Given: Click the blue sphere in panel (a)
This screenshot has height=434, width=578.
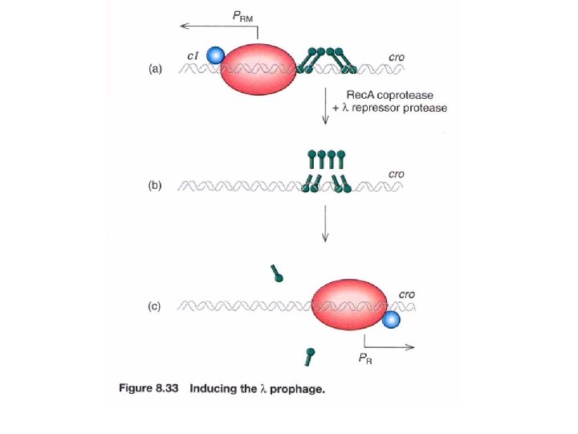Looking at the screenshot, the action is [215, 55].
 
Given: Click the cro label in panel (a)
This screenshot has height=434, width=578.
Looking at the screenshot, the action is [396, 58].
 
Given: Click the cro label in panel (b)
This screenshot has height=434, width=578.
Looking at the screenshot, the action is [396, 174].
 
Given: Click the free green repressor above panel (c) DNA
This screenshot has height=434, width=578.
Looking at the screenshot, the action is [277, 273].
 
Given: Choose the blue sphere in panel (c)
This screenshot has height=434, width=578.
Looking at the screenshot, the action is [390, 320].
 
